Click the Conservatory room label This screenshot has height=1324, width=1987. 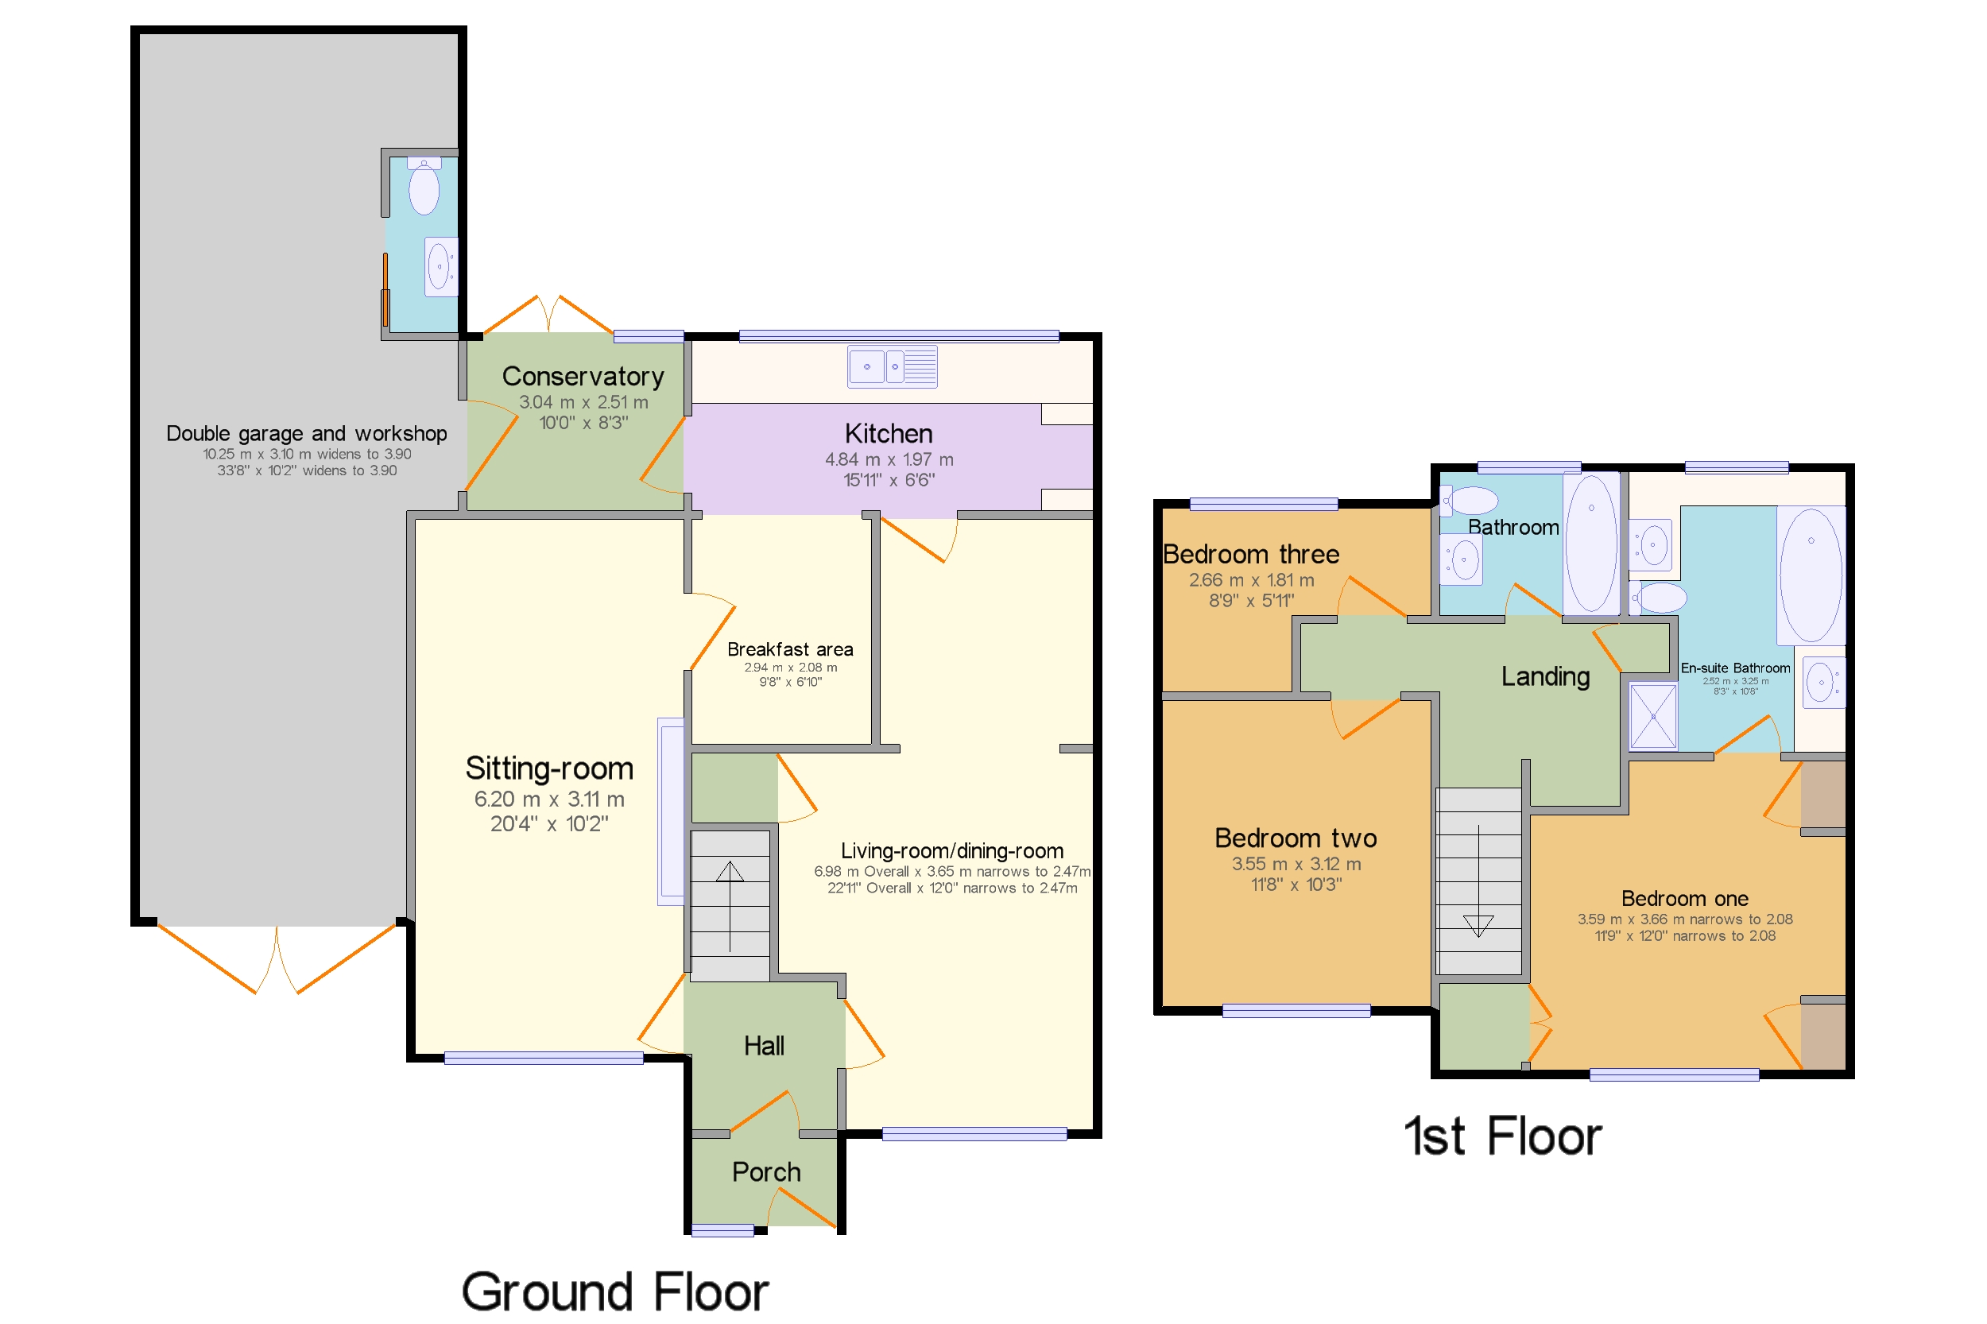pyautogui.click(x=583, y=376)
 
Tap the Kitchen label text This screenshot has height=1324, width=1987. pyautogui.click(x=889, y=433)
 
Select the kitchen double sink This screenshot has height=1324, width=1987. pyautogui.click(x=892, y=366)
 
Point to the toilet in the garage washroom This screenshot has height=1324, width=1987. pyautogui.click(x=424, y=186)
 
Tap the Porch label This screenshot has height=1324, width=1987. pyautogui.click(x=766, y=1171)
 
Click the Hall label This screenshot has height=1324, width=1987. pyautogui.click(x=763, y=1045)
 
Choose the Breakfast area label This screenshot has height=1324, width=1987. pyautogui.click(x=789, y=648)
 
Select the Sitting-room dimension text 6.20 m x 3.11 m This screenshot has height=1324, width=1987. pyautogui.click(x=549, y=798)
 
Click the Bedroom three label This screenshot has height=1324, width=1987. pyautogui.click(x=1251, y=554)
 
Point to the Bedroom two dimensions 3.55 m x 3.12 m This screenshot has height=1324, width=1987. pyautogui.click(x=1296, y=863)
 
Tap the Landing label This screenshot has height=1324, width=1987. pyautogui.click(x=1545, y=676)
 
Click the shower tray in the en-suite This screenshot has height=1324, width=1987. pyautogui.click(x=1652, y=716)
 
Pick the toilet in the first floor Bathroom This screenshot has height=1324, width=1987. pyautogui.click(x=1469, y=500)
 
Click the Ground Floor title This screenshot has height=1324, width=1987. pyautogui.click(x=614, y=1291)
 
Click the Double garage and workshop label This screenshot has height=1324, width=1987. pyautogui.click(x=307, y=433)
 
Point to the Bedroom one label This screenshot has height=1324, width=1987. pyautogui.click(x=1684, y=897)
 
